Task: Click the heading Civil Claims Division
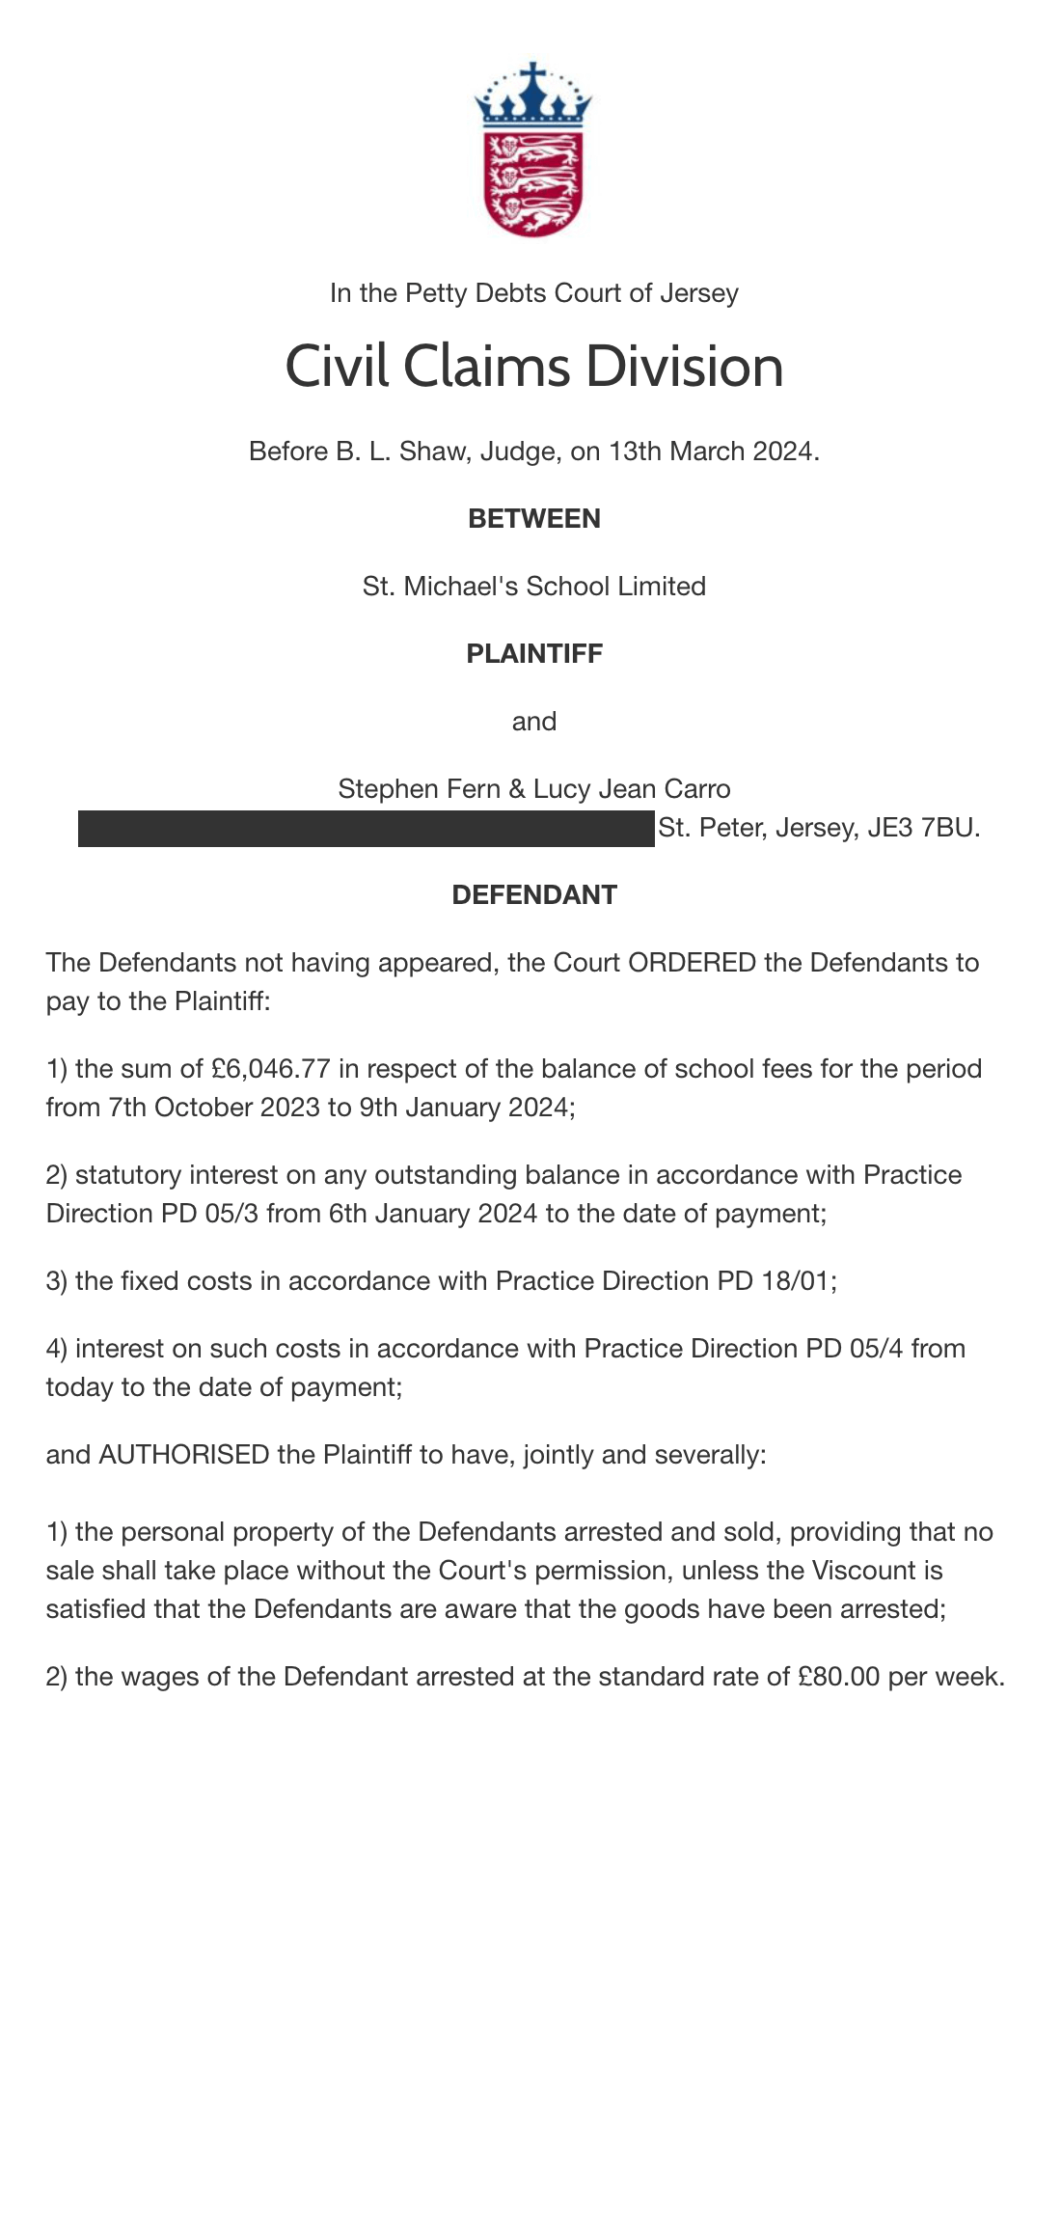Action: coord(533,367)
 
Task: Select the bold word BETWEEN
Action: coord(533,519)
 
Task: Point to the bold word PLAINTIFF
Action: coord(533,654)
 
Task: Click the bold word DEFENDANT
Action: coord(533,895)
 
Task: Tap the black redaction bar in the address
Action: coord(367,829)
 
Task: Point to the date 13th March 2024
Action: coord(713,452)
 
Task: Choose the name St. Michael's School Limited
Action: coord(533,587)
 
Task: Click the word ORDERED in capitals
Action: coord(692,963)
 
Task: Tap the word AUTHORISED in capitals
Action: coord(184,1455)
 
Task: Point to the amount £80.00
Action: coord(839,1677)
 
